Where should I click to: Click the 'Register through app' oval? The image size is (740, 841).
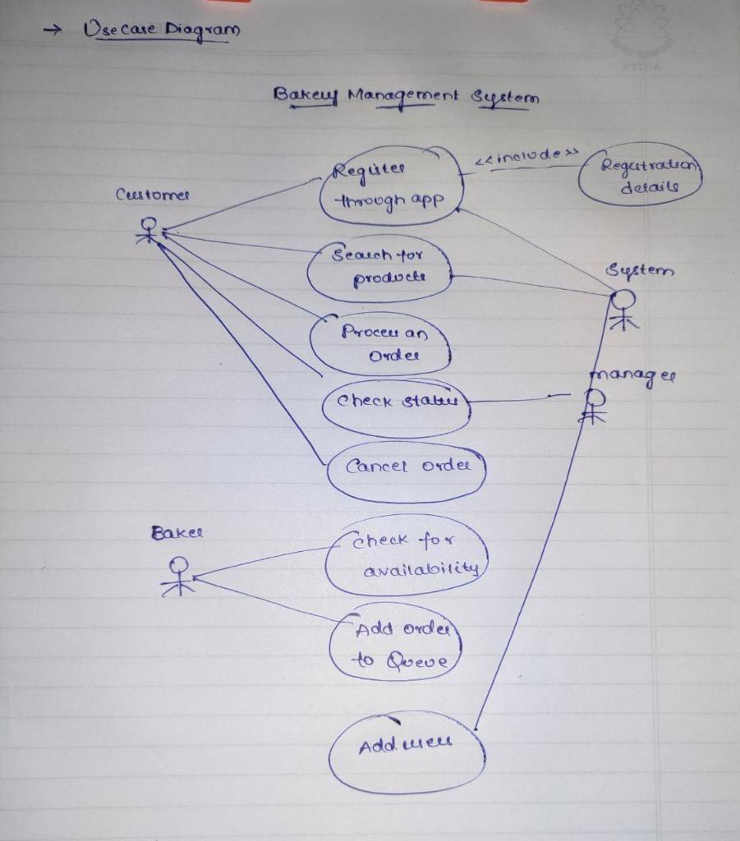(391, 186)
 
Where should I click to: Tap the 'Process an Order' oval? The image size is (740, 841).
(381, 344)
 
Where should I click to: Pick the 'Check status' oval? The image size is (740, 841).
(396, 403)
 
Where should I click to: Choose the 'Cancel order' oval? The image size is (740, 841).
(406, 468)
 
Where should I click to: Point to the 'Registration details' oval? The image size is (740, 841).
(640, 175)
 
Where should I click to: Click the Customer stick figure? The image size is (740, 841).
(148, 231)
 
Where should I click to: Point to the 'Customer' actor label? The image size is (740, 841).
(153, 195)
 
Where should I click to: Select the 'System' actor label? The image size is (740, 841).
(639, 271)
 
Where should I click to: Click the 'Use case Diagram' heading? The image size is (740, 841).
(162, 30)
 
